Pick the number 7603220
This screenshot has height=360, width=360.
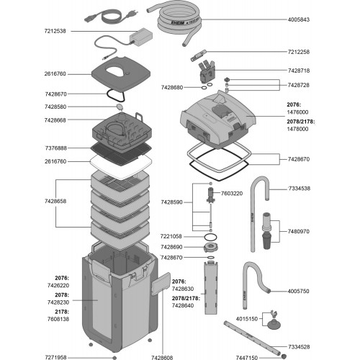click(231, 194)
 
